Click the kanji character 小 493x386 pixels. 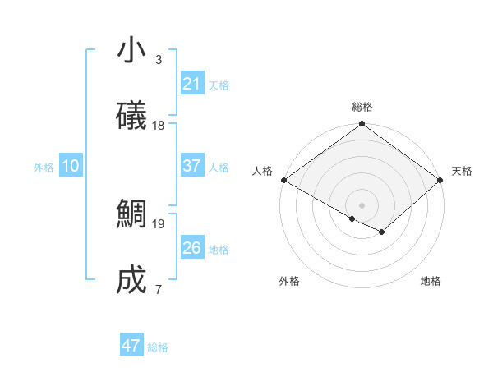tap(132, 51)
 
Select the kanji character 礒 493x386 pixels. tap(132, 116)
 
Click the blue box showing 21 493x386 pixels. tap(192, 84)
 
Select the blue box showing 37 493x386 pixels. tap(192, 166)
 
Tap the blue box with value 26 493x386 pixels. tap(192, 248)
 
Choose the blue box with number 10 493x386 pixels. tap(71, 166)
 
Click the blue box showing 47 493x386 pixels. tap(131, 346)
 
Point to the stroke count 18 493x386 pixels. tap(159, 126)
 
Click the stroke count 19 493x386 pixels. tap(159, 223)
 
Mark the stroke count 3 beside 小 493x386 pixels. tap(158, 60)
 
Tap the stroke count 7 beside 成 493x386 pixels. tap(158, 289)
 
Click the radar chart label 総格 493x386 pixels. tap(362, 108)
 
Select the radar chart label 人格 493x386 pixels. tap(262, 171)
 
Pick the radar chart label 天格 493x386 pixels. tap(462, 171)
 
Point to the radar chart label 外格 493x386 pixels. tap(289, 281)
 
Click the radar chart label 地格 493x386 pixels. tap(431, 281)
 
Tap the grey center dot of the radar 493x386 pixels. tap(362, 204)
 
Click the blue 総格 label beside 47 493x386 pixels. tap(158, 347)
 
